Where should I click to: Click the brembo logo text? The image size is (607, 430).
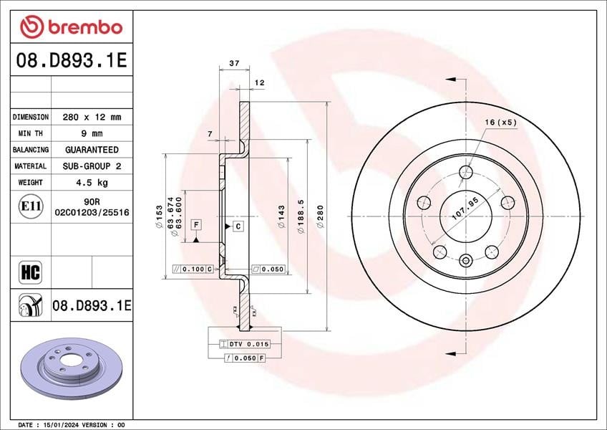[85, 27]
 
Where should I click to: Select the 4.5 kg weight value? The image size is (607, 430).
[92, 182]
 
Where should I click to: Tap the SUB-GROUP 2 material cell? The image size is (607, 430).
[92, 166]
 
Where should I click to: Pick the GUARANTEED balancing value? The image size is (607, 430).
[92, 150]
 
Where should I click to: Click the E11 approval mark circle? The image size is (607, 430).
[31, 206]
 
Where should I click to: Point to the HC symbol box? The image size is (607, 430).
[30, 272]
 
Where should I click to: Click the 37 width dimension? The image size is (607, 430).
[234, 63]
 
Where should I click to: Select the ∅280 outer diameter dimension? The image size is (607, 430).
[320, 216]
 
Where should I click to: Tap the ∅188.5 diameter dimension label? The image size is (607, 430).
[301, 216]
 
